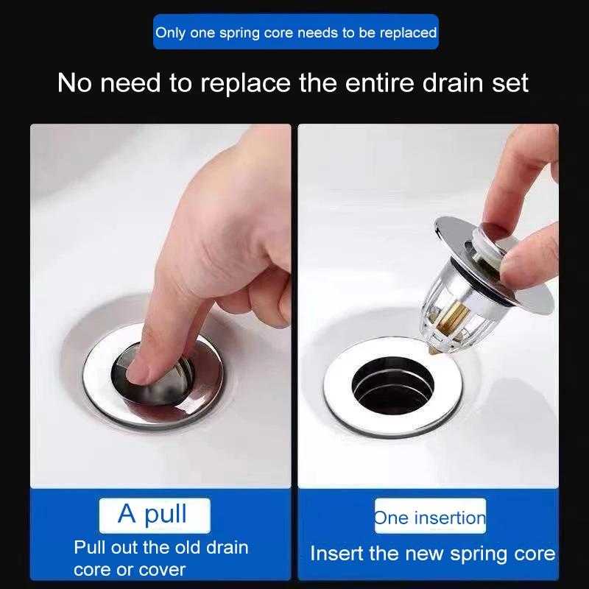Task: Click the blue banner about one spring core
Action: click(x=295, y=32)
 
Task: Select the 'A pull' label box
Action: click(x=155, y=514)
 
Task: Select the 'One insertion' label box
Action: click(x=430, y=517)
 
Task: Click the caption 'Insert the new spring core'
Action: click(x=432, y=554)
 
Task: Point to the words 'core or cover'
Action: click(x=130, y=569)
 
